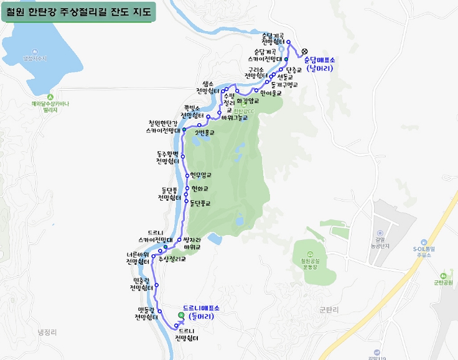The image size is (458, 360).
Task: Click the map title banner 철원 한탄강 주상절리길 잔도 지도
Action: (x=78, y=12)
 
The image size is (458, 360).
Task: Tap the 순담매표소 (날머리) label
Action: (x=319, y=64)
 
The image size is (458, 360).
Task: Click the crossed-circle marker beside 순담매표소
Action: (x=304, y=52)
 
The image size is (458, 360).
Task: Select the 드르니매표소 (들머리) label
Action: (x=201, y=312)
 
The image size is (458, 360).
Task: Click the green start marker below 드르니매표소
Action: (x=181, y=315)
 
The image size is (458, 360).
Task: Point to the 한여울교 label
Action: (x=271, y=93)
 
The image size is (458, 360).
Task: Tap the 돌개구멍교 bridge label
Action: (x=285, y=85)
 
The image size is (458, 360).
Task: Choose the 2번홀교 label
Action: (x=205, y=132)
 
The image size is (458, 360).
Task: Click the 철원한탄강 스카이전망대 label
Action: (x=164, y=127)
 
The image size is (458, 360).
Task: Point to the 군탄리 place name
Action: (x=328, y=308)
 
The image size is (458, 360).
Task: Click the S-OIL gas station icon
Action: (x=423, y=241)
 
